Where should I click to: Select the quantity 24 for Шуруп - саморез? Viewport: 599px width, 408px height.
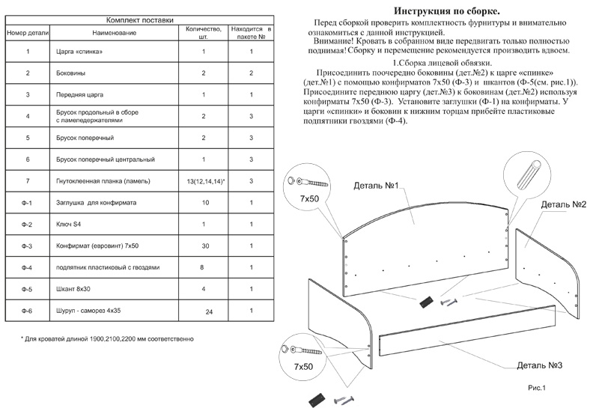coord(209,311)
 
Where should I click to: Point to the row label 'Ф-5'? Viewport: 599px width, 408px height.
coord(28,289)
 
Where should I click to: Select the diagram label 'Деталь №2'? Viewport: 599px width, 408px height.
coord(562,204)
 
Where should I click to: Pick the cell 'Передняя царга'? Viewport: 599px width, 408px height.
coord(81,95)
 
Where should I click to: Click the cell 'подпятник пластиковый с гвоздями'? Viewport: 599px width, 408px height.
coord(108,267)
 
